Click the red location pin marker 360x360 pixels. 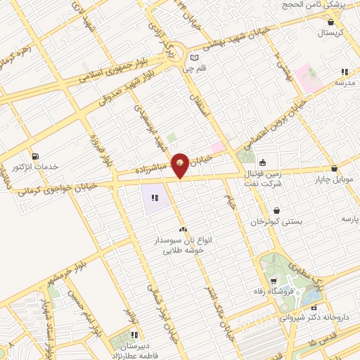click(181, 165)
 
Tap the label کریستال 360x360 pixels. click(330, 33)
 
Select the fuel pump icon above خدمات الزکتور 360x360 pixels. click(35, 155)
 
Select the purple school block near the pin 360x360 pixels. click(155, 198)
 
